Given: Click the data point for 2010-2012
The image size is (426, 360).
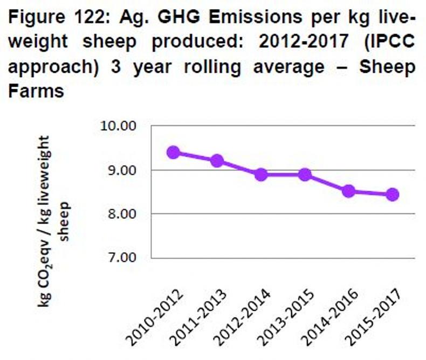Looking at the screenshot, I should (x=173, y=153).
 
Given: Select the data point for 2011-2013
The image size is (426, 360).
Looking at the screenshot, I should (x=217, y=161).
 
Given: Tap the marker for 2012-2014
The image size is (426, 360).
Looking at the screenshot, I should (x=261, y=175).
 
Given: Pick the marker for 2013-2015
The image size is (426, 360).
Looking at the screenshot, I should (x=305, y=175).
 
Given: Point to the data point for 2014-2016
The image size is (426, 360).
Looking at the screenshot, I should (x=348, y=191).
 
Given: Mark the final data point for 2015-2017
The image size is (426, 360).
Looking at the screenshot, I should (x=392, y=195).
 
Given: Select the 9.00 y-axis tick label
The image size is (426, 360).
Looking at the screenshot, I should (x=120, y=170).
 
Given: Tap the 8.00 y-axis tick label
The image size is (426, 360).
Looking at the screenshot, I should (x=120, y=214).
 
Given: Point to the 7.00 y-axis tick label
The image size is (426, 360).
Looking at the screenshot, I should (x=120, y=258).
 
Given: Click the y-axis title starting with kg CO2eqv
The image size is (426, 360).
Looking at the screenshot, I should (x=51, y=221).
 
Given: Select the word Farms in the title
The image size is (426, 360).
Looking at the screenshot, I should (x=37, y=91).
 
